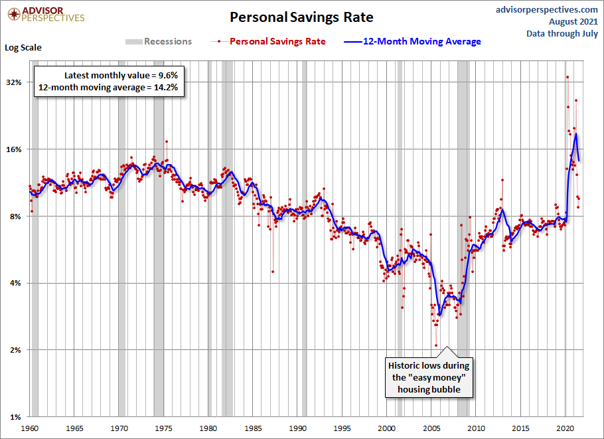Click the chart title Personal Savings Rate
(x=301, y=17)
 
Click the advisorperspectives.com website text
(x=546, y=9)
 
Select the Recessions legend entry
(x=159, y=41)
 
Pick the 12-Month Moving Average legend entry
(x=412, y=41)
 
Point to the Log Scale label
(x=23, y=48)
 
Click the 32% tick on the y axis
(x=15, y=82)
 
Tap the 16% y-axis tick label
(x=15, y=149)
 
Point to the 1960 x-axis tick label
(x=30, y=428)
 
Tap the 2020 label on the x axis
(x=567, y=428)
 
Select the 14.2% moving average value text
(x=108, y=87)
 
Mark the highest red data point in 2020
(x=567, y=76)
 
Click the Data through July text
(x=562, y=33)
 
